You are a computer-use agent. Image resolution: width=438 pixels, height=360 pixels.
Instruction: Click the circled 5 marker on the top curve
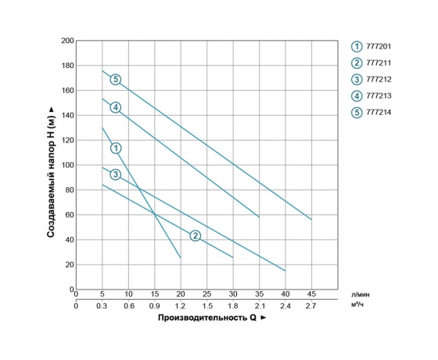[115, 79]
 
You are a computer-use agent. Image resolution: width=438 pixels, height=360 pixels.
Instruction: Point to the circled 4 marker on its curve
[115, 107]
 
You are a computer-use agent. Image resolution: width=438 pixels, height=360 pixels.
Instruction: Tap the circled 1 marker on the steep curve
[116, 148]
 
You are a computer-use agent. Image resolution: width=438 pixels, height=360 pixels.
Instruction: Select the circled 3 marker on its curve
[115, 174]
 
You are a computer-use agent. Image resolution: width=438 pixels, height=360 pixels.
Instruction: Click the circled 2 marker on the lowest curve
[196, 236]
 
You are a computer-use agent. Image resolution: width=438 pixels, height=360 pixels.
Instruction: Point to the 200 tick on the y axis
[67, 40]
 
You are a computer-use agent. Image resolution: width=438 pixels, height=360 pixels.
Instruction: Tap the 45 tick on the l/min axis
[311, 293]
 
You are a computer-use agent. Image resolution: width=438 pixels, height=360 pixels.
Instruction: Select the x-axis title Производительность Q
[212, 319]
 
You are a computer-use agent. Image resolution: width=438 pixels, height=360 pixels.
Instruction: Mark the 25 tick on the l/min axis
[206, 293]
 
